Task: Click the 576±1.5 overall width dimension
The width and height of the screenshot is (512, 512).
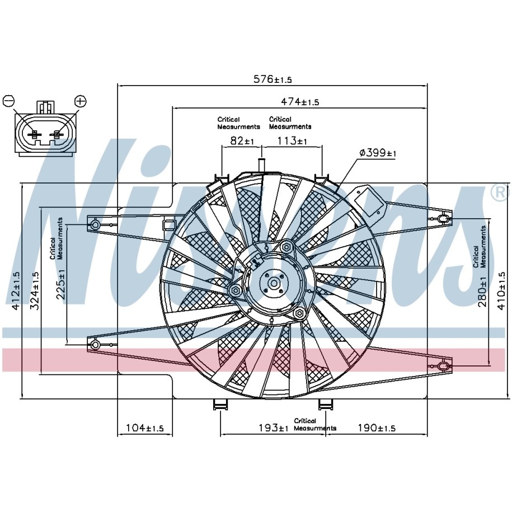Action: (273, 79)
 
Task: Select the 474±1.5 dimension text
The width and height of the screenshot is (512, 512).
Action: (300, 102)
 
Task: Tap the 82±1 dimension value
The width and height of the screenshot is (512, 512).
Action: (242, 141)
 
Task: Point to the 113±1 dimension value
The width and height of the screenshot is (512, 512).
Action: (292, 141)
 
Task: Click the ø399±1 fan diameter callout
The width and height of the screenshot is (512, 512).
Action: (378, 153)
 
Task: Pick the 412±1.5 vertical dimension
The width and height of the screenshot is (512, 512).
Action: (15, 291)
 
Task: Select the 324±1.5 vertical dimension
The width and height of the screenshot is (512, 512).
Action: (35, 291)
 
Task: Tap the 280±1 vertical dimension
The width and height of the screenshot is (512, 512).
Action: (482, 292)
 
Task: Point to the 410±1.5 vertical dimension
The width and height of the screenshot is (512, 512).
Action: (501, 291)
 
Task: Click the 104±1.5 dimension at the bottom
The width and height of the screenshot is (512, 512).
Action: (145, 428)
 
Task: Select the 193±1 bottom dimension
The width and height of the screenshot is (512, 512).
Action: (274, 428)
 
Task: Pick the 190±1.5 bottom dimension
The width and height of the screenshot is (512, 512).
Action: (377, 428)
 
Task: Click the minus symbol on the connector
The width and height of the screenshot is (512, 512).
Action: (8, 101)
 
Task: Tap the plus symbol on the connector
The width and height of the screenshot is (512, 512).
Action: (81, 101)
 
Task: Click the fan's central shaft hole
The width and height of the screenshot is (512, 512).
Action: (274, 283)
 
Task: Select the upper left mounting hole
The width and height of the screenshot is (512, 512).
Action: (95, 224)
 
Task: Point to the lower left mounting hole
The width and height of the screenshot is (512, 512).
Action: (95, 345)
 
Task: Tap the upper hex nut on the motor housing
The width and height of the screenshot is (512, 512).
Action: (286, 246)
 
